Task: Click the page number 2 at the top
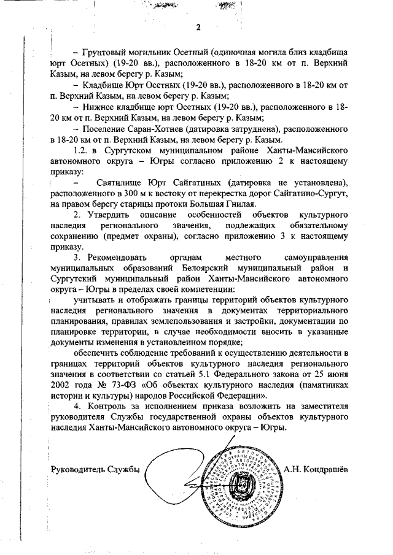[x=198, y=26]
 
